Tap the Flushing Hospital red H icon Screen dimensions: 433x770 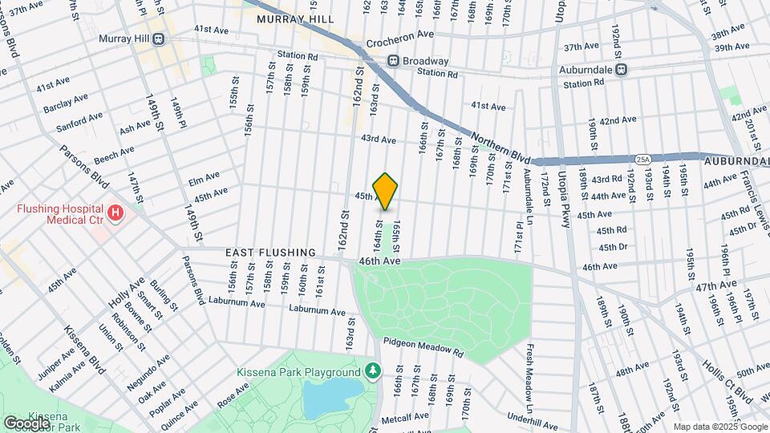pos(116,213)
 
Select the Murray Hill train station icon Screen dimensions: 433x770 pos(159,38)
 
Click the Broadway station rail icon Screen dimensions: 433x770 pos(393,60)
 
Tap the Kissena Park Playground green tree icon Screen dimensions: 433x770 pos(371,371)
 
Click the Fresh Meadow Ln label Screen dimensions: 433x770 pos(530,373)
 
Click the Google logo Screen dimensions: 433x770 pos(26,422)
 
